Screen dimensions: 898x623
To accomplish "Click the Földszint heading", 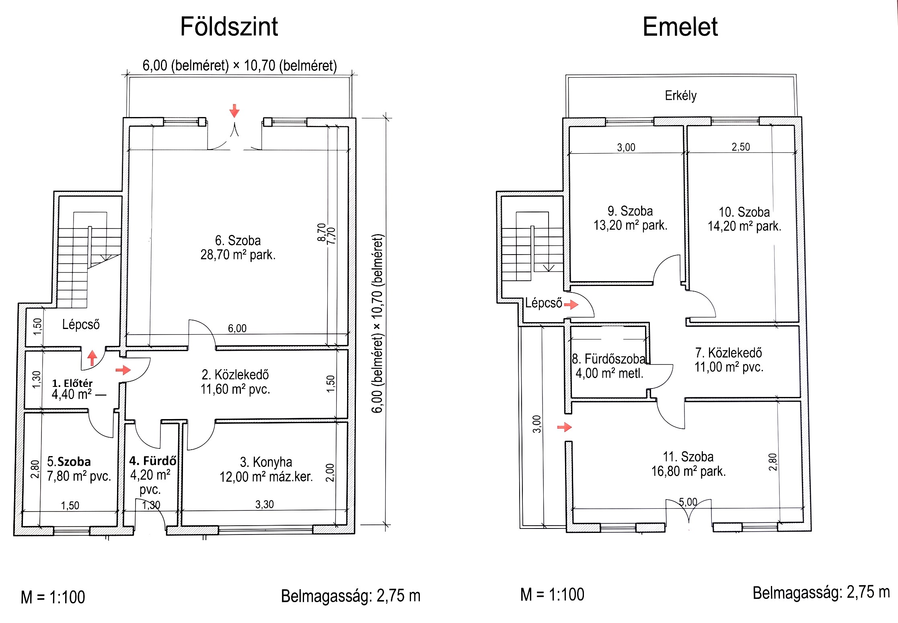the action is pyautogui.click(x=229, y=27).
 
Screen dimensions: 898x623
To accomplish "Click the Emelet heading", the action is pyautogui.click(x=680, y=27).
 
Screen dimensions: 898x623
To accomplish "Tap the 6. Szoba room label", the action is pyautogui.click(x=238, y=241).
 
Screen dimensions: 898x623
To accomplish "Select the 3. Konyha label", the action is pyautogui.click(x=266, y=462).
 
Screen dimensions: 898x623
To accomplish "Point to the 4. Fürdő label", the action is pyautogui.click(x=153, y=461).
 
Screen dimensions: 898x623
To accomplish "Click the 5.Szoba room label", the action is pyautogui.click(x=69, y=461).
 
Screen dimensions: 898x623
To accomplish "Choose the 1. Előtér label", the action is pyautogui.click(x=72, y=383).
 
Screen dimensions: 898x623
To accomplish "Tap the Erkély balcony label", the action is pyautogui.click(x=680, y=96).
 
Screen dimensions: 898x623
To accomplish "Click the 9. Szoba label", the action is pyautogui.click(x=630, y=211).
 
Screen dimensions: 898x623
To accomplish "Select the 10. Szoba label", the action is pyautogui.click(x=744, y=212).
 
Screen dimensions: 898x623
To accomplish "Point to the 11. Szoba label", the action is pyautogui.click(x=688, y=457).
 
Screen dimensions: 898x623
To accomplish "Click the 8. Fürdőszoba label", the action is pyautogui.click(x=608, y=358).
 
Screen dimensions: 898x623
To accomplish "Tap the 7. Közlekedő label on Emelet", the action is pyautogui.click(x=728, y=353).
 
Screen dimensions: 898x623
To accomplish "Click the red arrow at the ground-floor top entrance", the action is pyautogui.click(x=234, y=111).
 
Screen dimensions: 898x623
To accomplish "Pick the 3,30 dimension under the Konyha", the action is pyautogui.click(x=265, y=504).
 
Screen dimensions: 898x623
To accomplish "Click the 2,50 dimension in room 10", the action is pyautogui.click(x=741, y=147).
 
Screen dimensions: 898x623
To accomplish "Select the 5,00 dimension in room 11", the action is pyautogui.click(x=688, y=502).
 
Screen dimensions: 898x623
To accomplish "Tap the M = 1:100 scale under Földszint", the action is pyautogui.click(x=53, y=597).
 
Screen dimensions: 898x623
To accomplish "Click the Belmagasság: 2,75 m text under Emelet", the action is pyautogui.click(x=821, y=593).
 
